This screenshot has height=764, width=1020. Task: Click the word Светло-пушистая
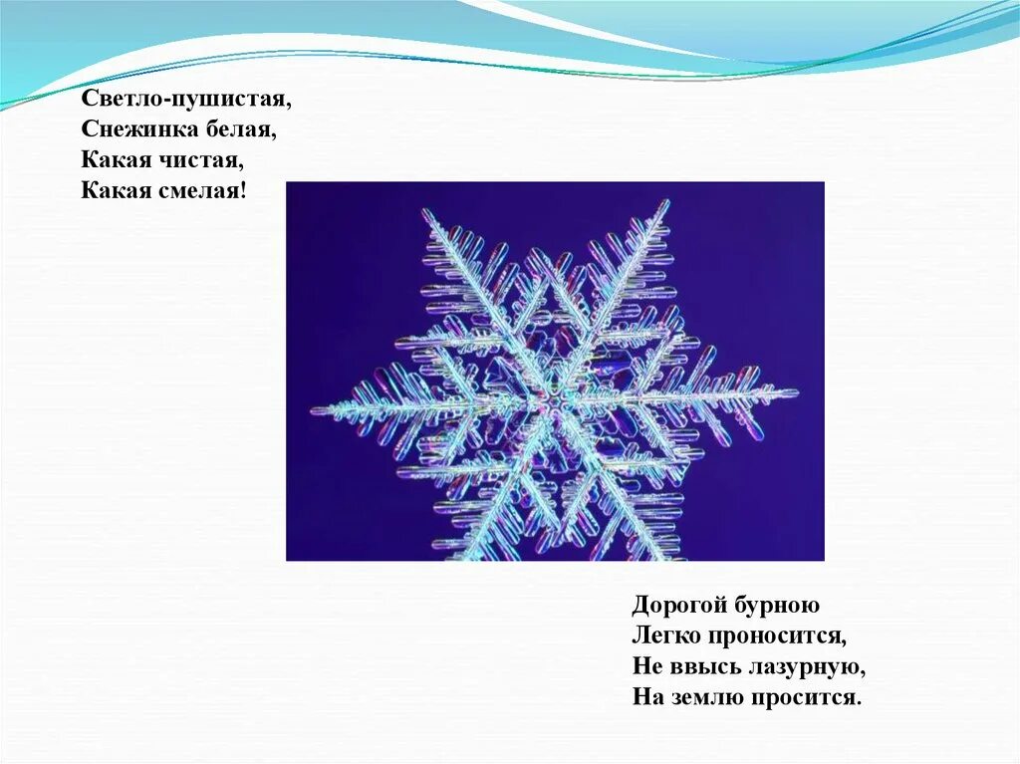click(x=186, y=101)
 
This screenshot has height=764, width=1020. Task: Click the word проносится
click(x=779, y=636)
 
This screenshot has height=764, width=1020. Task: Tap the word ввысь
click(x=698, y=665)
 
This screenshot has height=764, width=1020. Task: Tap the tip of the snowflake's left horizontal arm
click(x=314, y=409)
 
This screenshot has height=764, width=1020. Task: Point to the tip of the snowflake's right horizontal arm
click(x=796, y=392)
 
